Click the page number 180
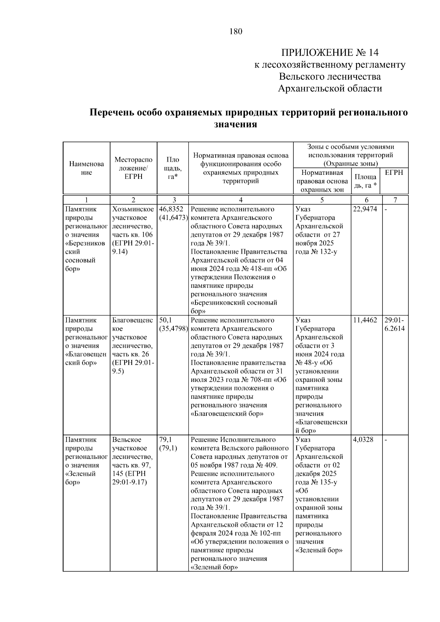click(236, 32)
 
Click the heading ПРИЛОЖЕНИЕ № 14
click(330, 52)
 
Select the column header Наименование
click(86, 168)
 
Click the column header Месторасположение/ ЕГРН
click(133, 168)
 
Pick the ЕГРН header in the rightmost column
click(394, 173)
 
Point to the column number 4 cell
click(241, 200)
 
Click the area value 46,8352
click(171, 209)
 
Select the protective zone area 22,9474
click(365, 209)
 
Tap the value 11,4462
click(365, 320)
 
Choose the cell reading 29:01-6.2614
click(395, 324)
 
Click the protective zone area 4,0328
click(363, 439)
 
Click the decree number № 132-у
click(324, 252)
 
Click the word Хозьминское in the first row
click(133, 209)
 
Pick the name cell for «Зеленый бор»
click(86, 461)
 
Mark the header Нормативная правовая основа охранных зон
click(322, 181)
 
